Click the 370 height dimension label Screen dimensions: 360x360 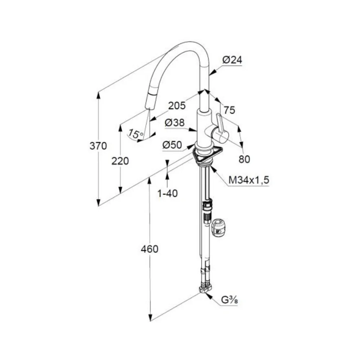coord(98,146)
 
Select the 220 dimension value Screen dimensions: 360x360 coord(120,161)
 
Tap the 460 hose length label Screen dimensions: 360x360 coord(149,249)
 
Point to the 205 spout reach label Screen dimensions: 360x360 coord(177,105)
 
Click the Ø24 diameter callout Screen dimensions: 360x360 coord(232,60)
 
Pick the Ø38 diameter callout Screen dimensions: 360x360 coord(175,123)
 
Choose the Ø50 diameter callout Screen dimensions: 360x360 coord(172,145)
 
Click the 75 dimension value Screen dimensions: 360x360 coord(229,111)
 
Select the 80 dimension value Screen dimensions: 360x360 coord(244,159)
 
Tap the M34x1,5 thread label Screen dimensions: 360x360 coord(249,180)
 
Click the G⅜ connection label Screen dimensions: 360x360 coord(229,300)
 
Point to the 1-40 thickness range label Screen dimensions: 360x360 coord(167,194)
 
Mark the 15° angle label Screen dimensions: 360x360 coord(136,134)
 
